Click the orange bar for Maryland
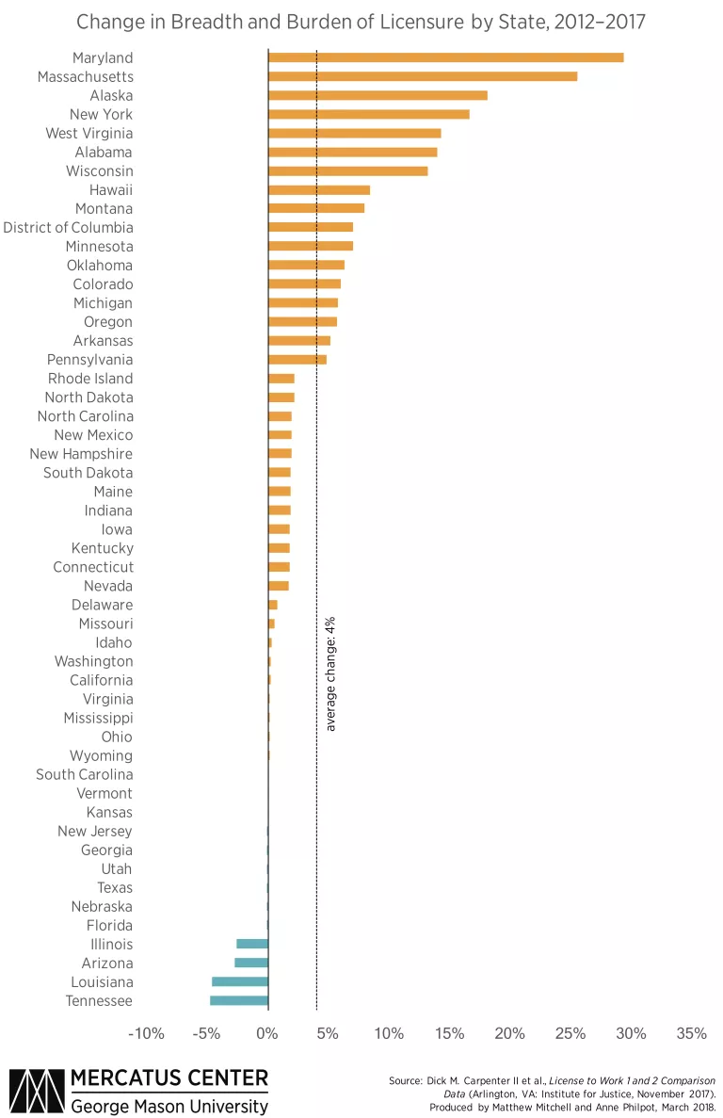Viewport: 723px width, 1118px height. (445, 57)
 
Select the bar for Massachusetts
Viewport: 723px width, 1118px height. (423, 76)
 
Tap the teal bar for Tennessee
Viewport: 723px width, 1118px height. (239, 1000)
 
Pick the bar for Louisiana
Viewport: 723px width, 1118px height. (240, 981)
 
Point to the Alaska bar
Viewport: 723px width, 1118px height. (378, 95)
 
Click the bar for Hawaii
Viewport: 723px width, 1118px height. (319, 189)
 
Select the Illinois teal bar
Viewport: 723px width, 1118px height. (252, 944)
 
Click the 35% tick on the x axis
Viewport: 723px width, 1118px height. (691, 1034)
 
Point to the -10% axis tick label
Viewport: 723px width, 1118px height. (146, 1034)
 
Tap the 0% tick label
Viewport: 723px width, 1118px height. (268, 1034)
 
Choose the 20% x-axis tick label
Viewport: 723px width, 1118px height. (510, 1034)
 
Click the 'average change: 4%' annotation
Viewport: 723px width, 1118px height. (330, 673)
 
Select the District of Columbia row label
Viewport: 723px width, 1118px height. (68, 227)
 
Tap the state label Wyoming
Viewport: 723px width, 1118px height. (101, 755)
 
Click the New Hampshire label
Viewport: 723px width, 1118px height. (81, 454)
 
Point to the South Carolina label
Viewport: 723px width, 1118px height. (84, 774)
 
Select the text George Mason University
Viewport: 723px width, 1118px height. (169, 1105)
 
